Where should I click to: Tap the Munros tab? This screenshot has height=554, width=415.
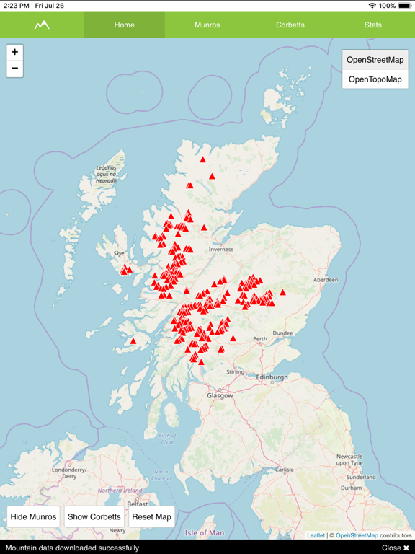(207, 25)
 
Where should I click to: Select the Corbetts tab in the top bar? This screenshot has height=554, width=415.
(290, 25)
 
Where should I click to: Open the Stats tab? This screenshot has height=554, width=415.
(373, 25)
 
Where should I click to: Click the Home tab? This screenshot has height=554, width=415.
(124, 25)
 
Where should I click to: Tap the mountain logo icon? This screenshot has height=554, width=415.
(42, 25)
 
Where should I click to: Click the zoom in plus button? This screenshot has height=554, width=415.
(14, 52)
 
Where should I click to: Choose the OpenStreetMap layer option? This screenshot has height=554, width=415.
(375, 60)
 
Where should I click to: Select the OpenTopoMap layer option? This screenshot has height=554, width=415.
(375, 79)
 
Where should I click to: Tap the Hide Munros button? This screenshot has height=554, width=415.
(33, 516)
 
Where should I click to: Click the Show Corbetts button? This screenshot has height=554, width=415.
(94, 516)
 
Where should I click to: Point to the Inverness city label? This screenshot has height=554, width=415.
(221, 250)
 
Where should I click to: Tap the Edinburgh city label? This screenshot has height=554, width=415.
(272, 377)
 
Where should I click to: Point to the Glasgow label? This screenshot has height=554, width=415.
(220, 395)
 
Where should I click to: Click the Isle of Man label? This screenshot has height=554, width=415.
(204, 533)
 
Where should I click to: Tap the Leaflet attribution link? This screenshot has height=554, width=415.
(316, 535)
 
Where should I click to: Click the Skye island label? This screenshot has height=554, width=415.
(119, 254)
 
